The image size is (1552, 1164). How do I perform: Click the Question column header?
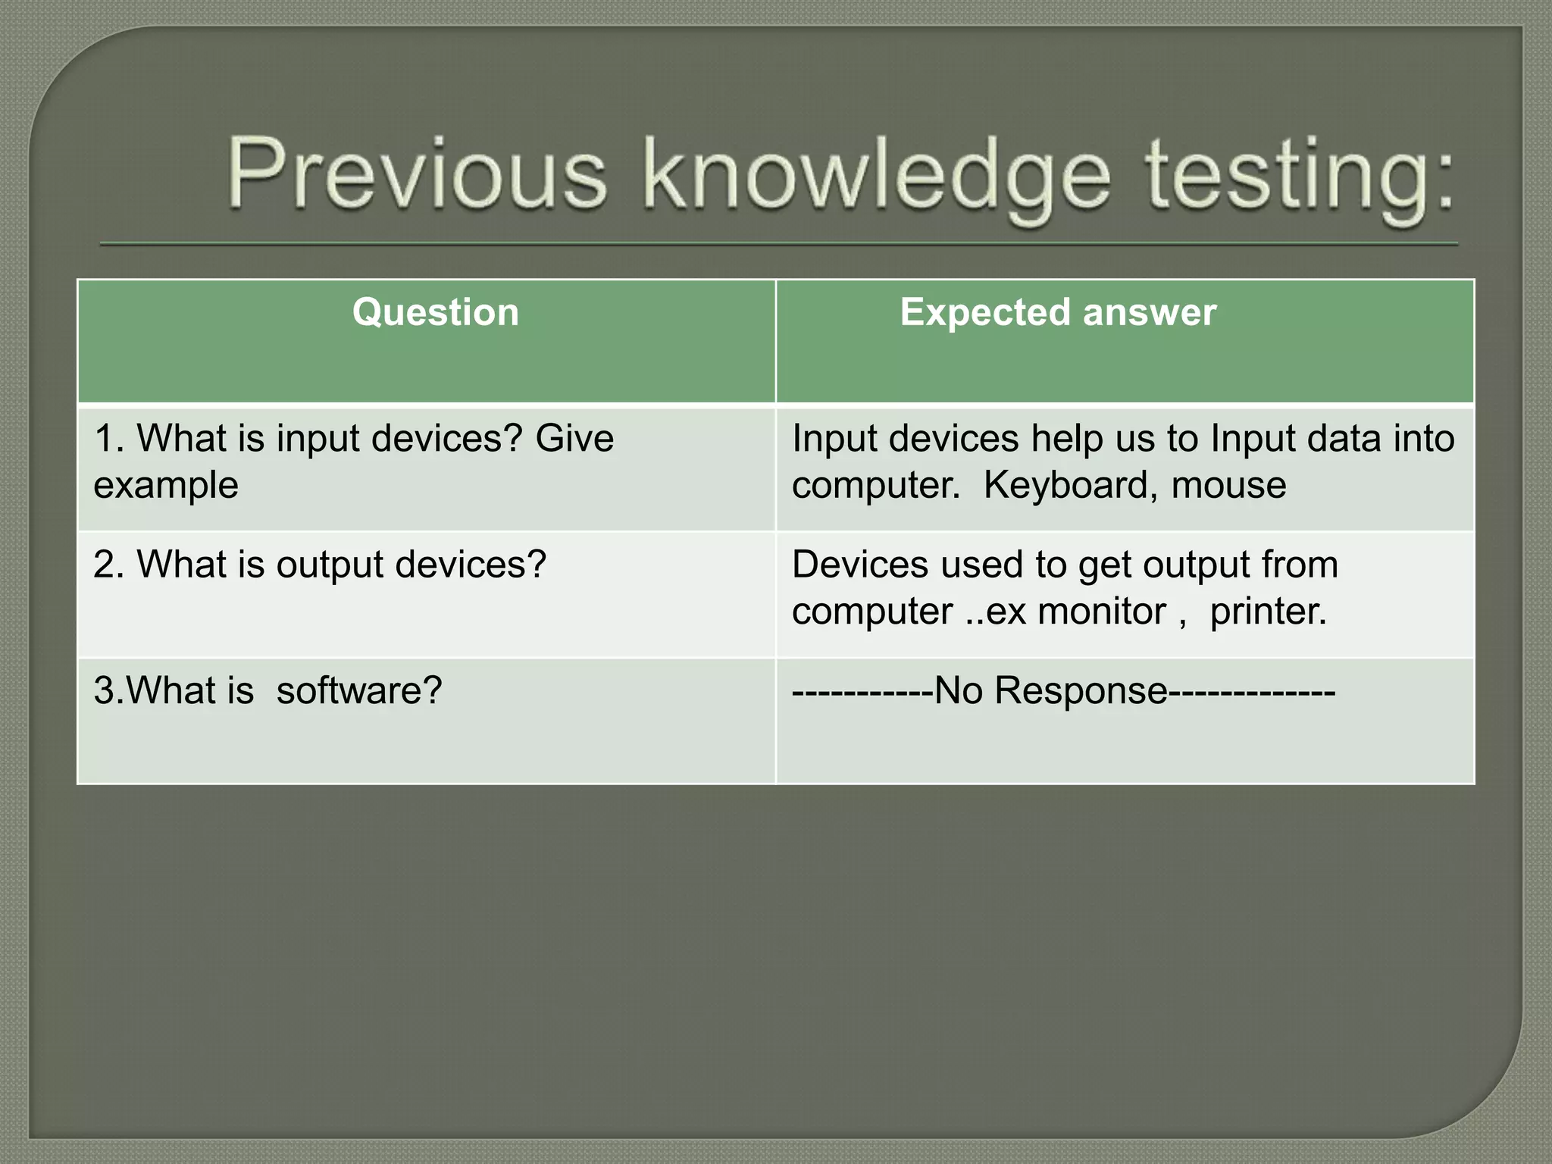436,312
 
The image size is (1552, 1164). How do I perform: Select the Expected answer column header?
1058,312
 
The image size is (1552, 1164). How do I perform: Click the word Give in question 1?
574,439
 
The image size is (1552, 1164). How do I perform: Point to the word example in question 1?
166,485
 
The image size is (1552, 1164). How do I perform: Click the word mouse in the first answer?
1228,485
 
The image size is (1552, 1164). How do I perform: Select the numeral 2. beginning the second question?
109,565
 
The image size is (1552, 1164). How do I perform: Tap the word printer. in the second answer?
1269,612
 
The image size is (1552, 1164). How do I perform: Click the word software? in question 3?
359,690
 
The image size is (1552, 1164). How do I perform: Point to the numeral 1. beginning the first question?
108,439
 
